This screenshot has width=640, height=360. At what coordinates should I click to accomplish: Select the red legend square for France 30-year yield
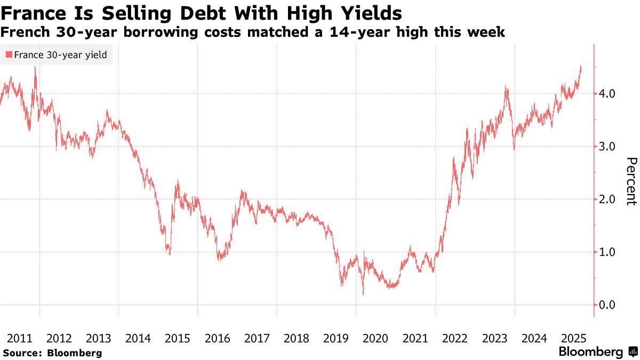(9, 54)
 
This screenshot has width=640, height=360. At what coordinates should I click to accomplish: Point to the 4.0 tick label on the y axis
(606, 94)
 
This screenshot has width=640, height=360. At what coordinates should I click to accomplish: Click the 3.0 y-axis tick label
(606, 147)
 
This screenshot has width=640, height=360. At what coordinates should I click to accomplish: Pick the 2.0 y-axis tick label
(606, 199)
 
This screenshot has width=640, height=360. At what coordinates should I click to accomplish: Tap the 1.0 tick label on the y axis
(606, 252)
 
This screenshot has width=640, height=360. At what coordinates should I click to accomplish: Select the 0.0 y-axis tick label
(606, 305)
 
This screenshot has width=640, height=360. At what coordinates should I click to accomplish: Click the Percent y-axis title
(631, 181)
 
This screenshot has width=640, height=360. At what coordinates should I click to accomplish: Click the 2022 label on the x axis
(455, 339)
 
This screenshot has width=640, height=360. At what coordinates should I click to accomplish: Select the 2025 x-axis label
(574, 339)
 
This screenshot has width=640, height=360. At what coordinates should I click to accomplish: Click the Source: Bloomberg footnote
(52, 353)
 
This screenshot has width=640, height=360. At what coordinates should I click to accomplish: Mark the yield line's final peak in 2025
(580, 67)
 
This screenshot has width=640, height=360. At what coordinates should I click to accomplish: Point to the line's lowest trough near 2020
(363, 294)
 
